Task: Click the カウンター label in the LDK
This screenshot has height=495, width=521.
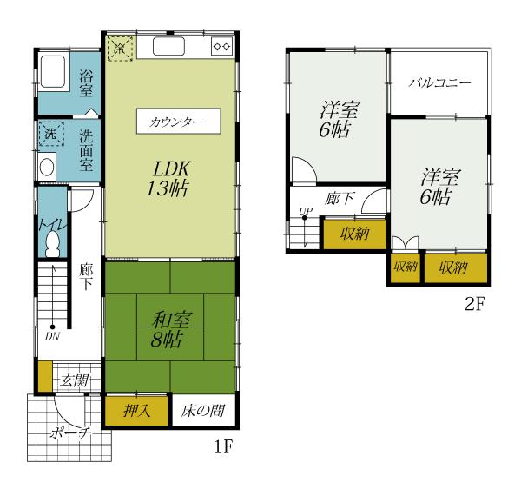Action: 175,122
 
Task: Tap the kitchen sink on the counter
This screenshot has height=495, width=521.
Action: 168,46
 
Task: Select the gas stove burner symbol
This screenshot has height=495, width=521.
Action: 221,46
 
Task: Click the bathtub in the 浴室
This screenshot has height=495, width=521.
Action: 52,72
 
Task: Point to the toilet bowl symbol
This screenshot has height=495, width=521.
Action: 53,244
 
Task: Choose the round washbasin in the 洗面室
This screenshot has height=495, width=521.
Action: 47,167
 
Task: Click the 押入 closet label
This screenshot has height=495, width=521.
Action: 137,411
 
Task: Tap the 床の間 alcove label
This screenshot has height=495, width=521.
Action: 203,411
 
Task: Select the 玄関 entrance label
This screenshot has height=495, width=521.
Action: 75,380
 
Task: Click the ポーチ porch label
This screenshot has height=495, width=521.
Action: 70,432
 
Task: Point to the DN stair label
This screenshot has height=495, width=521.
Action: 52,337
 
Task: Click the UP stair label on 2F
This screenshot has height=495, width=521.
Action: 306,211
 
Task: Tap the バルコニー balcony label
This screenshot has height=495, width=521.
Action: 439,82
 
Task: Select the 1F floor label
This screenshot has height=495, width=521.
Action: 223,446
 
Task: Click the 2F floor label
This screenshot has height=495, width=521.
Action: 475,303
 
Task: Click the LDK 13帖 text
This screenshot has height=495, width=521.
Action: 168,178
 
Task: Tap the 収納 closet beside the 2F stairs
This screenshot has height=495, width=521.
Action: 355,234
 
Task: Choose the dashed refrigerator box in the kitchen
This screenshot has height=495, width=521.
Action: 120,49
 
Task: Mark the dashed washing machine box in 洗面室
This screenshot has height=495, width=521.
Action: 51,134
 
